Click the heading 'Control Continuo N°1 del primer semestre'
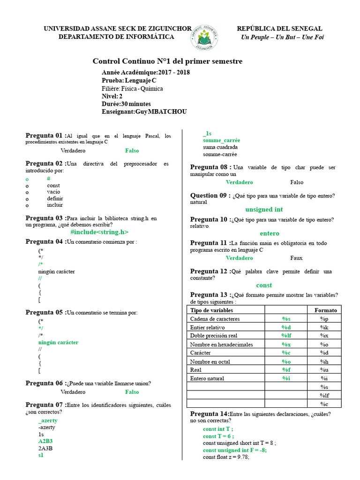point(167,61)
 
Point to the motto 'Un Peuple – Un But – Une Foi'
point(282,37)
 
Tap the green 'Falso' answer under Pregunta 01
point(132,151)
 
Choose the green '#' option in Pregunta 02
point(48,179)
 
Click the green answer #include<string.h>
point(99,232)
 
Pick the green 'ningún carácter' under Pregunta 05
point(58,343)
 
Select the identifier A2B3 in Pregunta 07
point(45,441)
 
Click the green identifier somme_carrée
point(221,140)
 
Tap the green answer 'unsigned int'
point(264,210)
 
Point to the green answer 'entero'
point(269,233)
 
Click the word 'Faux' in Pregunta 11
point(296,258)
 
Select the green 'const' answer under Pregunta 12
point(264,285)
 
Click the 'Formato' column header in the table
point(325,310)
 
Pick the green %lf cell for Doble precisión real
point(286,336)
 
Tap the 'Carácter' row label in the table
point(201,353)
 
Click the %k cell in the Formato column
point(324,327)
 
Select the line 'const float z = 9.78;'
point(226,457)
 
